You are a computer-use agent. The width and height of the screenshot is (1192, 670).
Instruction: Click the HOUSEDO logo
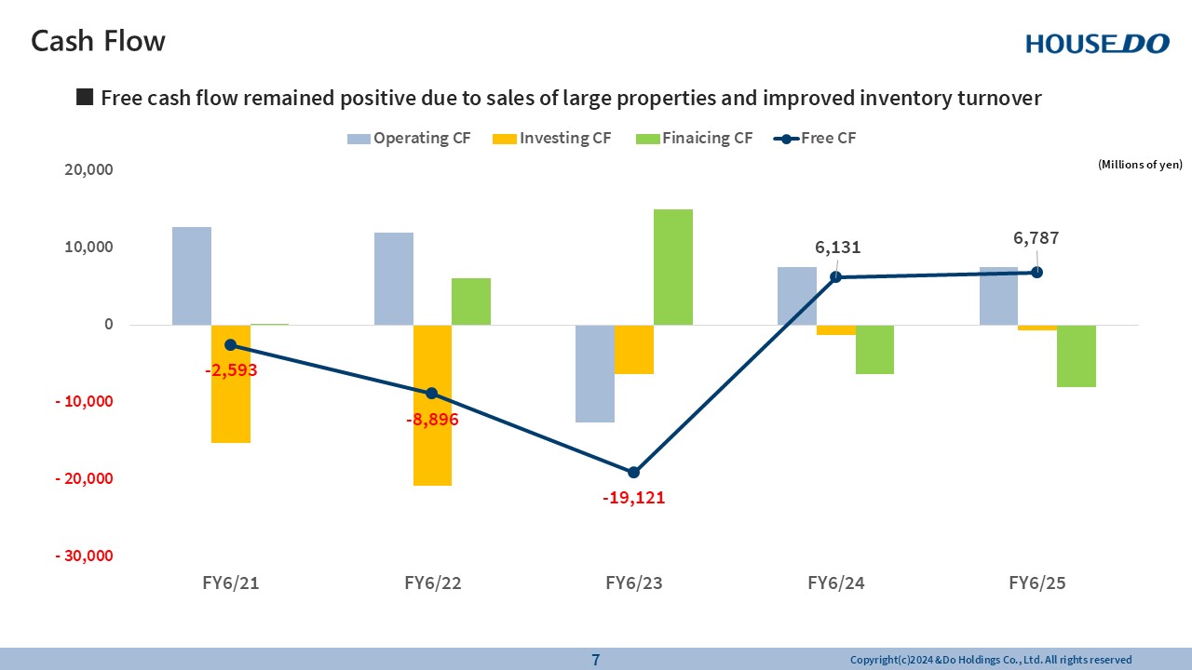(1097, 43)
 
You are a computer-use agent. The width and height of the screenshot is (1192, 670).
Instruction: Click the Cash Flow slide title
(98, 41)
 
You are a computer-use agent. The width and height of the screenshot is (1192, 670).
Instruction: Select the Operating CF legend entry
(409, 139)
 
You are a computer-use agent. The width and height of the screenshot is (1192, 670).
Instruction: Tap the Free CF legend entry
(815, 139)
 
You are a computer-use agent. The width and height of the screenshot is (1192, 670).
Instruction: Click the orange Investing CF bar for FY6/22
(432, 405)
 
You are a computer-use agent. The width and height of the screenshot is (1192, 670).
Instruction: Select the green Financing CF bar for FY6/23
(673, 267)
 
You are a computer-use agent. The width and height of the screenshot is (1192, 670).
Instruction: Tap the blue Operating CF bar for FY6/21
(192, 275)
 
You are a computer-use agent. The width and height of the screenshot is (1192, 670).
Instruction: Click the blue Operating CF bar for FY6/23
(595, 373)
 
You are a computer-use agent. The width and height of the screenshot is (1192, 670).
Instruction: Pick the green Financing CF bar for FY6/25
(1076, 355)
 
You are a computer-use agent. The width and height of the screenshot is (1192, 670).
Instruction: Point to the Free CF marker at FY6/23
(633, 472)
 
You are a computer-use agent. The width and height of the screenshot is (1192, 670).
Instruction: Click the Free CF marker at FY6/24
(835, 276)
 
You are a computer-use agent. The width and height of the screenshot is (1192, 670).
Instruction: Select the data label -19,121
(633, 498)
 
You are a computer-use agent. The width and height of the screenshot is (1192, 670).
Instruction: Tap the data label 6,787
(1036, 238)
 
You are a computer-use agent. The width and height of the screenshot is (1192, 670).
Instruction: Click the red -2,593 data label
(231, 369)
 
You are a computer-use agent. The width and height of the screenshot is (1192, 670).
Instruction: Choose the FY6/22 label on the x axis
(433, 583)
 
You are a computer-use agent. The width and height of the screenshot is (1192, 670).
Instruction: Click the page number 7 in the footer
(596, 660)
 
